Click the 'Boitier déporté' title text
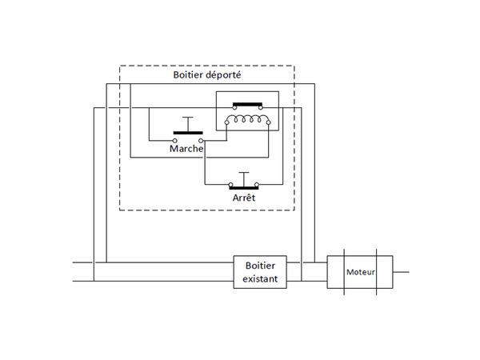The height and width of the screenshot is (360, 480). coord(207,74)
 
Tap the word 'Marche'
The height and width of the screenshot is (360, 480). coord(186,148)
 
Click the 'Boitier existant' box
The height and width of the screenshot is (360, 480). coord(260,273)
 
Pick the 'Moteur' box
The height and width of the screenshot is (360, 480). coord(360,272)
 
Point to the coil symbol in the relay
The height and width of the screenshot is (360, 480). coord(248,120)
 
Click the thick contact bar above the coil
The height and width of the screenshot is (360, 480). coord(249,105)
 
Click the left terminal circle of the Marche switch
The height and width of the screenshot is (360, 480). coord(174,139)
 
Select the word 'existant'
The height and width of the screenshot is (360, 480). coord(260,281)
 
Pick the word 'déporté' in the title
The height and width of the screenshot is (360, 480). coord(224,74)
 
